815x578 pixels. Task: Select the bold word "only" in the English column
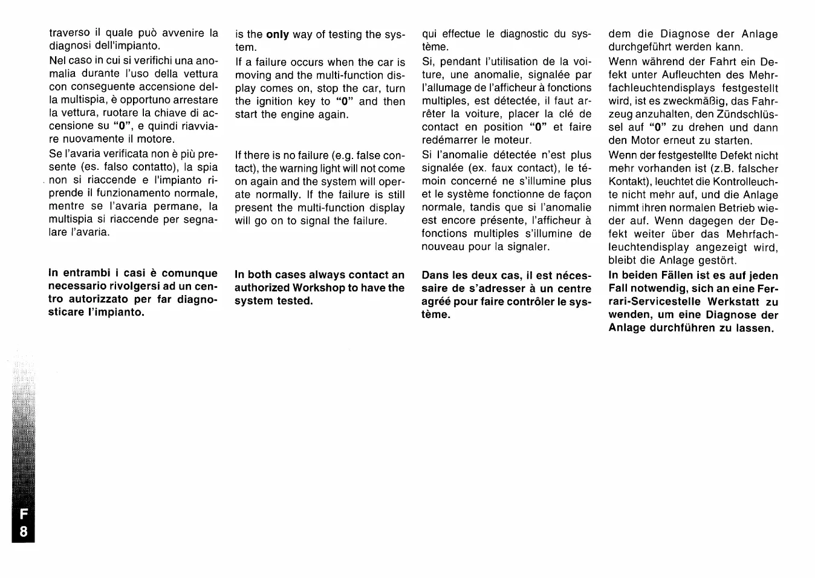tap(278, 34)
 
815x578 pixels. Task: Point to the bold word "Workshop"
tap(319, 288)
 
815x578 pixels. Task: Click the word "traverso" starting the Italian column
tap(69, 33)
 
